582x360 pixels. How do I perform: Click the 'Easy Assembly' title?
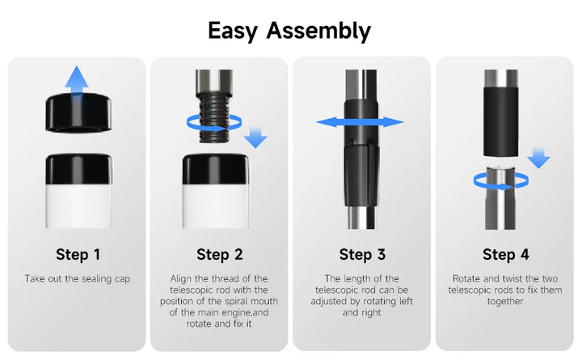tap(289, 31)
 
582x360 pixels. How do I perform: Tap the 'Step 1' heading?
tap(78, 255)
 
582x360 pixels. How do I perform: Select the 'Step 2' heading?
tap(219, 255)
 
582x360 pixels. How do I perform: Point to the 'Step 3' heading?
tap(362, 255)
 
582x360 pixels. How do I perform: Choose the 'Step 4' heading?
tap(505, 255)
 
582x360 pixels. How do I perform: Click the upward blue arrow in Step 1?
tap(77, 80)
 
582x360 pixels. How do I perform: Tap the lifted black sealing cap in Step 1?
tap(78, 112)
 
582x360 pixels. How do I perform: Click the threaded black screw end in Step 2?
tap(213, 118)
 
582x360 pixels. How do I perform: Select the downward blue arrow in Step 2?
tap(255, 137)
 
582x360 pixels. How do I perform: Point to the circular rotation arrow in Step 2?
tap(214, 129)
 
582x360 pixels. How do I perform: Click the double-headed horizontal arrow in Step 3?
tap(360, 122)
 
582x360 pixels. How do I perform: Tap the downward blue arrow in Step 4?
tap(538, 158)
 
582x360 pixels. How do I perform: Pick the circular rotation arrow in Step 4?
tap(501, 186)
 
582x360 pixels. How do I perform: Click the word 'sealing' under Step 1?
tap(96, 279)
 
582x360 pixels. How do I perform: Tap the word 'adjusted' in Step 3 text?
tap(327, 301)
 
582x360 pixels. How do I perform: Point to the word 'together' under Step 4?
tap(505, 301)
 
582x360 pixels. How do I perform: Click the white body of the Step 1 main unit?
tap(78, 205)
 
